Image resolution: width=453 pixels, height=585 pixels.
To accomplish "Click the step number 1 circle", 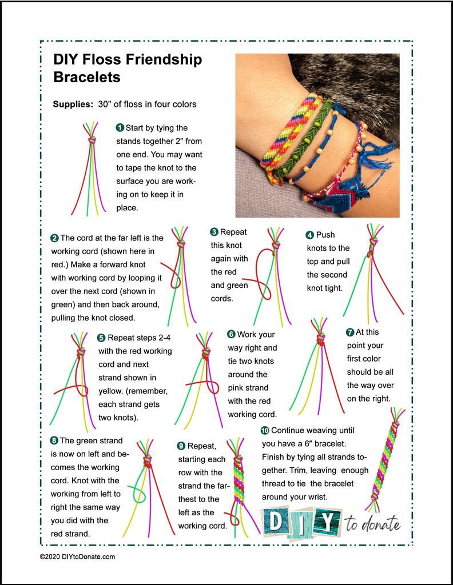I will (x=120, y=127).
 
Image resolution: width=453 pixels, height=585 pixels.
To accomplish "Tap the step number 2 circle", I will (x=54, y=238).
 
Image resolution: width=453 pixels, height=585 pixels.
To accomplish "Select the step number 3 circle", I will (x=214, y=232).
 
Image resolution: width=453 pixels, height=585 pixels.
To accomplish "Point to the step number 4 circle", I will (x=310, y=234).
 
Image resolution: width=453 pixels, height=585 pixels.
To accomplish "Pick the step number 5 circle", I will (x=101, y=338).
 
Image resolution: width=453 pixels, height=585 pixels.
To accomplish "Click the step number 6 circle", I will (x=231, y=334).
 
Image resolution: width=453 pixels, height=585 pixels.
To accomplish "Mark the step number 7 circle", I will (x=350, y=332).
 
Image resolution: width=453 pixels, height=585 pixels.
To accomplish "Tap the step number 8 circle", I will (x=54, y=440).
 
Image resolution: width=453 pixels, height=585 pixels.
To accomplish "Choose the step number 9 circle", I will (x=182, y=446).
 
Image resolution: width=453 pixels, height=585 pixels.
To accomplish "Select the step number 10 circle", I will (x=264, y=430).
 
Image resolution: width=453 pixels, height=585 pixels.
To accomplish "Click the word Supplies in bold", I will (x=73, y=105).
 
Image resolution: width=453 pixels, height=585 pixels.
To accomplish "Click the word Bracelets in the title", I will (x=86, y=77).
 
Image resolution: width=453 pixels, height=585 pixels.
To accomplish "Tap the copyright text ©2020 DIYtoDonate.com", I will (x=77, y=556).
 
